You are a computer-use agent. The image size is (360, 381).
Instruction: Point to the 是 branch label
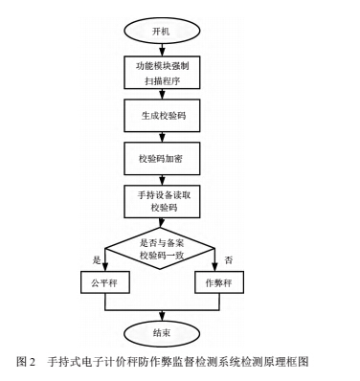pos(95,259)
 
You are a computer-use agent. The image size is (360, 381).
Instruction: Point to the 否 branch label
pos(227,259)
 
